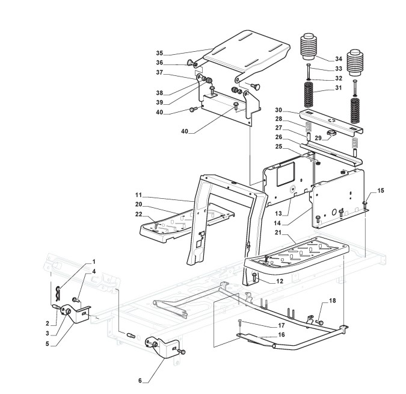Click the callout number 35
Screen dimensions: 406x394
click(159, 53)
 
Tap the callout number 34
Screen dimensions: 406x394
click(339, 59)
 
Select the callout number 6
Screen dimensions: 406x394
click(140, 381)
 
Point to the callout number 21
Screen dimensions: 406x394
click(278, 233)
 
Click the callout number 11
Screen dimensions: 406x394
click(138, 195)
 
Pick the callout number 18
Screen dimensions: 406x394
click(333, 301)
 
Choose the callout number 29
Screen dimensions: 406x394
click(318, 138)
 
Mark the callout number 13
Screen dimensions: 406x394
click(278, 213)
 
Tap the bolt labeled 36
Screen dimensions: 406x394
click(191, 63)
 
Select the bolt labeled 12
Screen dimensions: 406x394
click(254, 277)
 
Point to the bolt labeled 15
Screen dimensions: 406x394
click(365, 204)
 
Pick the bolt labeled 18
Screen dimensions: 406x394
click(320, 322)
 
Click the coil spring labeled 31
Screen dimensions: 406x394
click(309, 95)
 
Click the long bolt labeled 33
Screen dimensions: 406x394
click(309, 71)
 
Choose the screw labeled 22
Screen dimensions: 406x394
click(156, 225)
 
